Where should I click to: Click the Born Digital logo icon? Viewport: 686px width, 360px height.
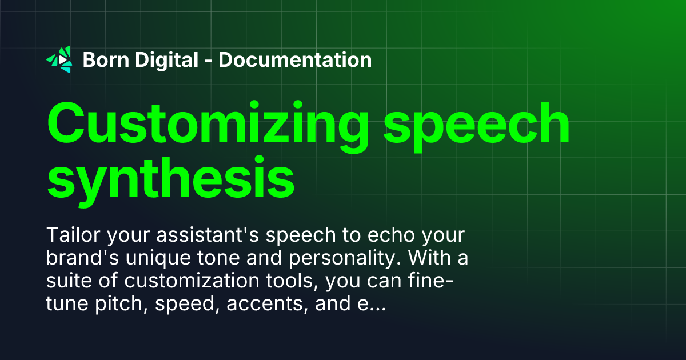coord(59,59)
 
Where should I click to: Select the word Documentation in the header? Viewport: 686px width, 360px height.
coord(295,59)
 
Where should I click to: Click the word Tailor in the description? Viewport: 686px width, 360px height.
coord(71,237)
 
